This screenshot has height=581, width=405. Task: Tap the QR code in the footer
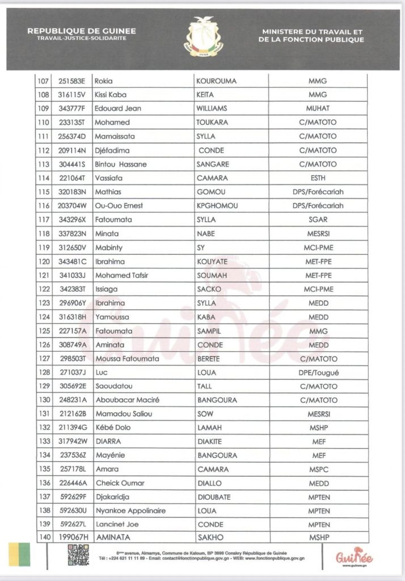tap(78, 555)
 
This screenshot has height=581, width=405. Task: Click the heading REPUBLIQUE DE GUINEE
tap(81, 32)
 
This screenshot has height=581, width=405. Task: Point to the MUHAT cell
tap(318, 108)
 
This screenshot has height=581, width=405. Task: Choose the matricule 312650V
tap(73, 247)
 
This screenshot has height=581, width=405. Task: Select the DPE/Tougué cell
tap(318, 372)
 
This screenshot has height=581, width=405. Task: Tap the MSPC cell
tap(318, 469)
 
